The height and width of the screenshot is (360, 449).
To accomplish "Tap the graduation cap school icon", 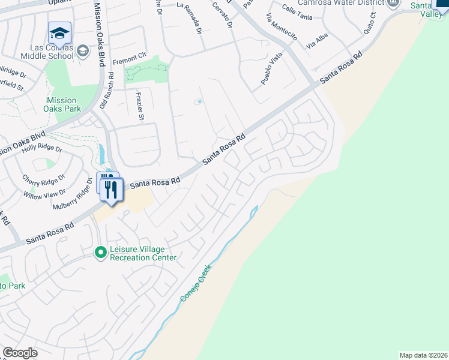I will pos(59,32).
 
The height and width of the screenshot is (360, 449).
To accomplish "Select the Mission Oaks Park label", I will pos(62,105).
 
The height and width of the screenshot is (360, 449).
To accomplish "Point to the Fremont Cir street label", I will pos(130,59).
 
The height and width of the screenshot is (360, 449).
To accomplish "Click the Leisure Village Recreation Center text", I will pos(143,254).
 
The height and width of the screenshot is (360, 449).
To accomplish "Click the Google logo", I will pos(20,353).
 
